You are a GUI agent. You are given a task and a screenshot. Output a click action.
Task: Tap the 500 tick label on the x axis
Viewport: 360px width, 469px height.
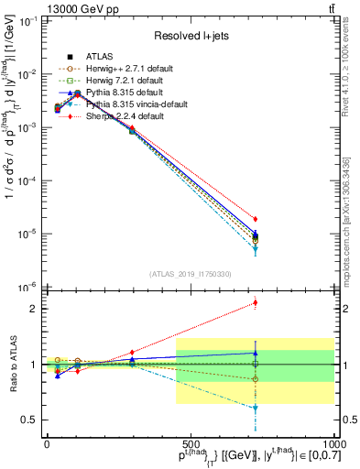tap(190, 443)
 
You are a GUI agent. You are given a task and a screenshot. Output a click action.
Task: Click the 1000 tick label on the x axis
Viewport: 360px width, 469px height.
tap(333, 443)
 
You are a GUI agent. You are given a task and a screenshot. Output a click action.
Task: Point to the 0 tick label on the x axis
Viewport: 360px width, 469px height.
tap(47, 443)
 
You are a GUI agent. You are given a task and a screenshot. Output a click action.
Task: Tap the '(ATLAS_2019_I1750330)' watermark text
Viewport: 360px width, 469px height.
tap(191, 274)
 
